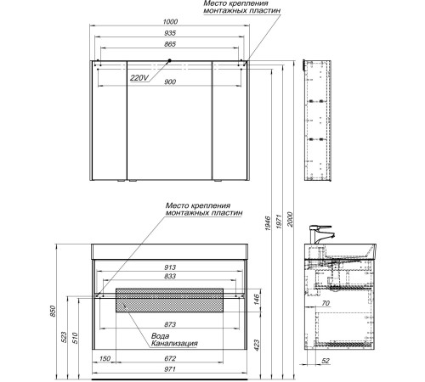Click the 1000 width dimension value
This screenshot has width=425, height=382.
tap(171, 21)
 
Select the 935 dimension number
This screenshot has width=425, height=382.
tap(170, 33)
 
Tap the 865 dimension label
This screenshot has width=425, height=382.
tap(170, 44)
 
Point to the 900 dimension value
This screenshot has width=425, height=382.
tap(170, 81)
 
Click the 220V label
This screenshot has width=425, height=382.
tap(139, 78)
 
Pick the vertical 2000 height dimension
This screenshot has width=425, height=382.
tap(290, 219)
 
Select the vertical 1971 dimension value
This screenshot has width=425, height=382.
tap(279, 222)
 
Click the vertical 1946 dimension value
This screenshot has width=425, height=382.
tap(268, 223)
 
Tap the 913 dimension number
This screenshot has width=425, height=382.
tap(170, 267)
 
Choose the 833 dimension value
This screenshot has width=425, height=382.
tap(170, 276)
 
